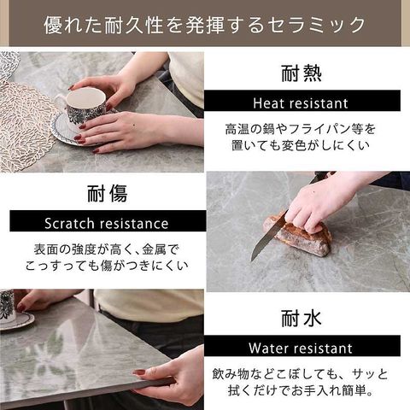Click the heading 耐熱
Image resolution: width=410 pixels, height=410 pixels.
tap(302, 73)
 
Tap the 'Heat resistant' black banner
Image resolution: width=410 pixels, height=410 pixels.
tap(302, 101)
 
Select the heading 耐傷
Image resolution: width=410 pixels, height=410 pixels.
tap(108, 194)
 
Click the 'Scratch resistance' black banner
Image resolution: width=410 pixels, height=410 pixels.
tap(108, 221)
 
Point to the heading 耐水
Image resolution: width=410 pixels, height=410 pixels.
tap(302, 319)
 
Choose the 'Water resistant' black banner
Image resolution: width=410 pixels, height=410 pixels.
tap(302, 346)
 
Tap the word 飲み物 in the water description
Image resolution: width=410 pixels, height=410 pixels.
tap(231, 374)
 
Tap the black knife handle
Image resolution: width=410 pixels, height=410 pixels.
tap(321, 177)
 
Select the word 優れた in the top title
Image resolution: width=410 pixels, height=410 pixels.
tap(73, 25)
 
